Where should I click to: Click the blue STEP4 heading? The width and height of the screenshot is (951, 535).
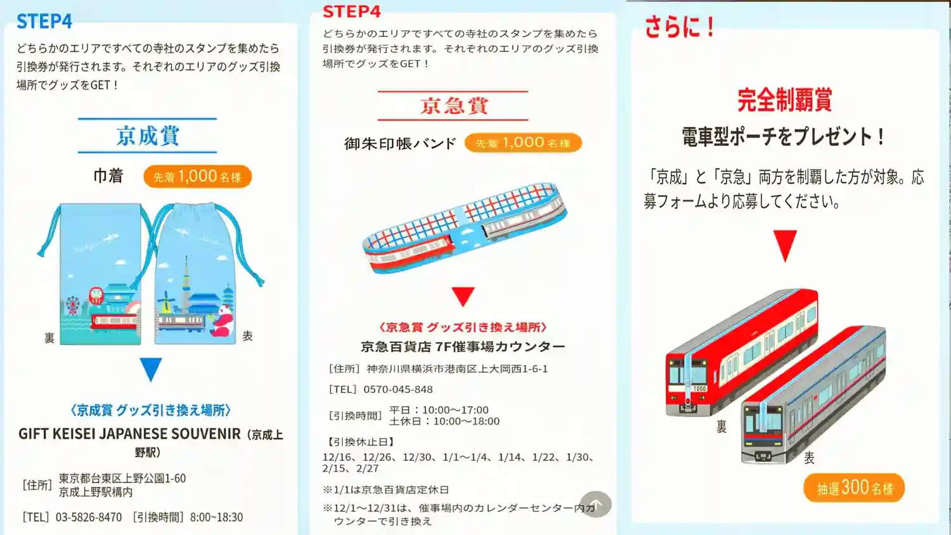point(44,21)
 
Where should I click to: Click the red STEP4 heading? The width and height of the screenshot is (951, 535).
point(351,11)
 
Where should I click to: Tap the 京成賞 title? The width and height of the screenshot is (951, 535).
point(148,136)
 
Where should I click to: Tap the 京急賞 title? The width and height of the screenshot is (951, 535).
point(454,106)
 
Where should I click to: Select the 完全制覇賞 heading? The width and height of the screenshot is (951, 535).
point(784,100)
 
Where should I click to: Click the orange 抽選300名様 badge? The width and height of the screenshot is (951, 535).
point(854,488)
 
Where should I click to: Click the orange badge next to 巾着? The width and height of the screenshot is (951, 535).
point(197,177)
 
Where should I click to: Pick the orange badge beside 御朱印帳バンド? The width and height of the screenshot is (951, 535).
point(523,143)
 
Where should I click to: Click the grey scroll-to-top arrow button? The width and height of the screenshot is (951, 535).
point(596,504)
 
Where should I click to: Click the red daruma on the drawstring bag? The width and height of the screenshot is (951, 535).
point(96,296)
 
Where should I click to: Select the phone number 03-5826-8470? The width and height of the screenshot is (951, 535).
point(89,517)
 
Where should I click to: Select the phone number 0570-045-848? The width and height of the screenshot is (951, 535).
point(398,389)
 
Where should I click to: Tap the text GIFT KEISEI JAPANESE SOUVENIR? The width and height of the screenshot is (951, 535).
point(129,434)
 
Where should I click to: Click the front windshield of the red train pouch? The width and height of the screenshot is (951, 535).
point(688,374)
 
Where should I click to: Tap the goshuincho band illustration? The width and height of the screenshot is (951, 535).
point(464,228)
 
